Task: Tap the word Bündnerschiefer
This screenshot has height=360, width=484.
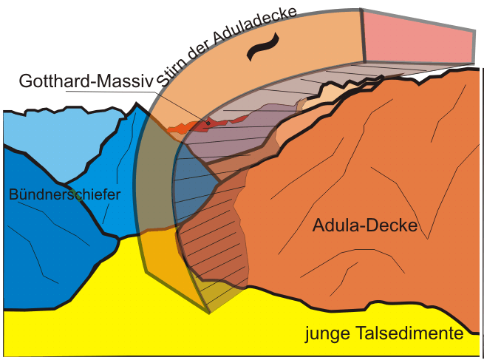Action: click(64, 194)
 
